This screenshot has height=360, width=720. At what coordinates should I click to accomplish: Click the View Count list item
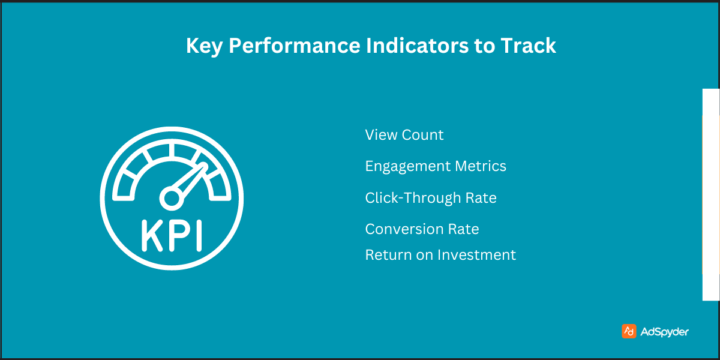tap(404, 135)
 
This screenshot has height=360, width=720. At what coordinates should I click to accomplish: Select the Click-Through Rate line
tap(430, 198)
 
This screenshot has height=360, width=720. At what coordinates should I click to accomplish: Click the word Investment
tap(476, 255)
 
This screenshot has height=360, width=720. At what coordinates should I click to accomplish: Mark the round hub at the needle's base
tap(170, 196)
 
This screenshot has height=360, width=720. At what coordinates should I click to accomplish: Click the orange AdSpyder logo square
tap(629, 331)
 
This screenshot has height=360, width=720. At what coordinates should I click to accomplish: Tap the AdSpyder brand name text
tap(664, 332)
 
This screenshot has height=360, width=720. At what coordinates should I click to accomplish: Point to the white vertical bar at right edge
tap(710, 195)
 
